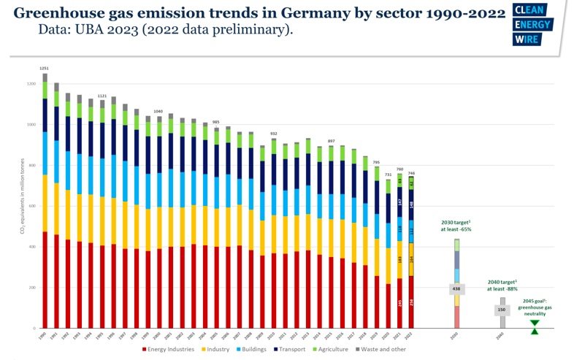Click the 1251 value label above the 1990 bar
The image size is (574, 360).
tap(45, 68)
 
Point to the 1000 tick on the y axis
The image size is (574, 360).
tap(31, 125)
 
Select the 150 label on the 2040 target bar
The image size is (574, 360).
tap(502, 310)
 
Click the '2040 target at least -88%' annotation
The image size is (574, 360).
tap(503, 284)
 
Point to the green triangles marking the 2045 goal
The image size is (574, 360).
tap(535, 326)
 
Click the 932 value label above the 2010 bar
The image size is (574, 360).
tap(273, 134)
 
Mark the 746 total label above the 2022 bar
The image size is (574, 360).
tap(411, 173)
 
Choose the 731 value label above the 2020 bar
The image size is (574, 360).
tap(389, 175)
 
